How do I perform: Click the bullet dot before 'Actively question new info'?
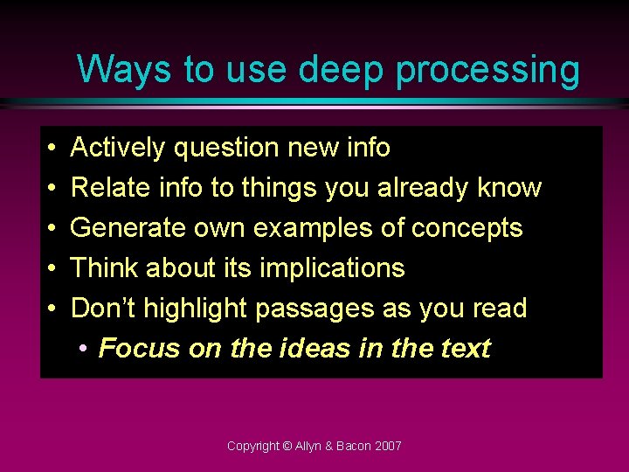52,149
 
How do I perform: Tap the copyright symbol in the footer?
287,446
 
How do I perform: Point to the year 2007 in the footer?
387,446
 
